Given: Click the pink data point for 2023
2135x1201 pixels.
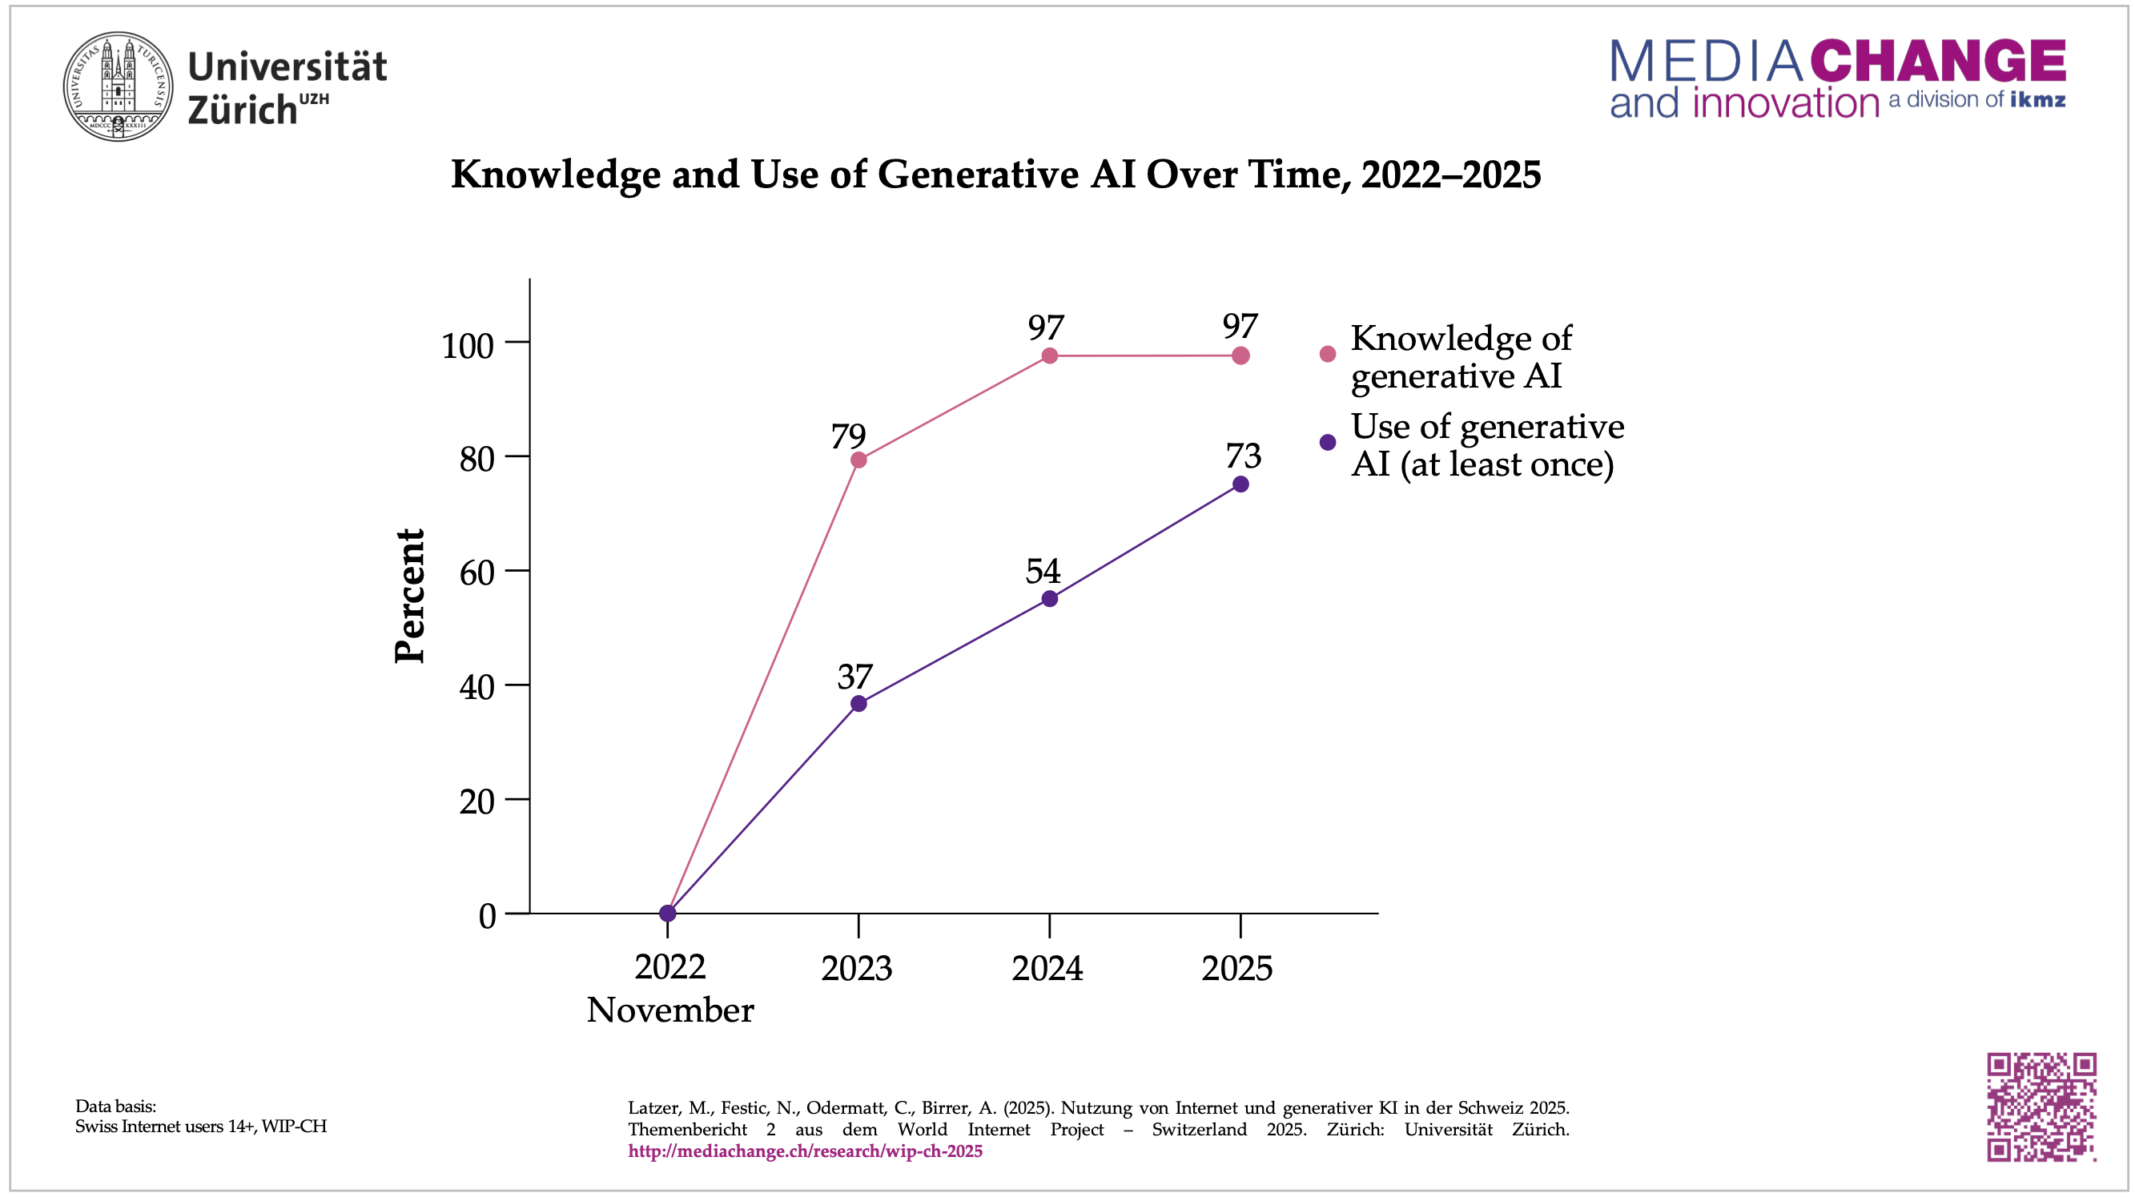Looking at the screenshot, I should tap(858, 460).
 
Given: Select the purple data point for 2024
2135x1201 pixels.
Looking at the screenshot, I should tap(1049, 598).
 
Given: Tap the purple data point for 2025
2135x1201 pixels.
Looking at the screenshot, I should tap(1240, 484).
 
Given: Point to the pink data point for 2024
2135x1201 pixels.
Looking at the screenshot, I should tap(1049, 355).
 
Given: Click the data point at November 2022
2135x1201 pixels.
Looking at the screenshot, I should tap(667, 914).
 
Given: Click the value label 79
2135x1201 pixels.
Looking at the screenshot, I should tap(848, 437).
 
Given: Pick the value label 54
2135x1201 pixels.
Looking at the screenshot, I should tap(1043, 571).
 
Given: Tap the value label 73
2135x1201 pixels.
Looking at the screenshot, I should tap(1243, 456).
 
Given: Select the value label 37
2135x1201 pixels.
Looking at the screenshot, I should tap(854, 677).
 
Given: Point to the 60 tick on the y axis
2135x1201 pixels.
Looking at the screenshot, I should tap(477, 572).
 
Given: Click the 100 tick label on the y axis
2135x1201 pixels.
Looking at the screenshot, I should tap(468, 346).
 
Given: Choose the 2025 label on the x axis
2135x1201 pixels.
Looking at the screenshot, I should tap(1236, 968).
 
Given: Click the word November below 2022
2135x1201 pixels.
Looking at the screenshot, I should tap(669, 1010).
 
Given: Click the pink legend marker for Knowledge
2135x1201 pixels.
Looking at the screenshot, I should tap(1328, 354).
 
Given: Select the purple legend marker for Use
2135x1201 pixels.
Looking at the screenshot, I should tap(1328, 443).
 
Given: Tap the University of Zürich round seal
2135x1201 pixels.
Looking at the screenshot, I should tap(119, 87).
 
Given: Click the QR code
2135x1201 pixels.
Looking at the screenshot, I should tap(2041, 1107).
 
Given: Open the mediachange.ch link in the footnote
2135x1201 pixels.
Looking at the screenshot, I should tap(805, 1151).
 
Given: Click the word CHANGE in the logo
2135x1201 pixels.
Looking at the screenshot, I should tap(1938, 61).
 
